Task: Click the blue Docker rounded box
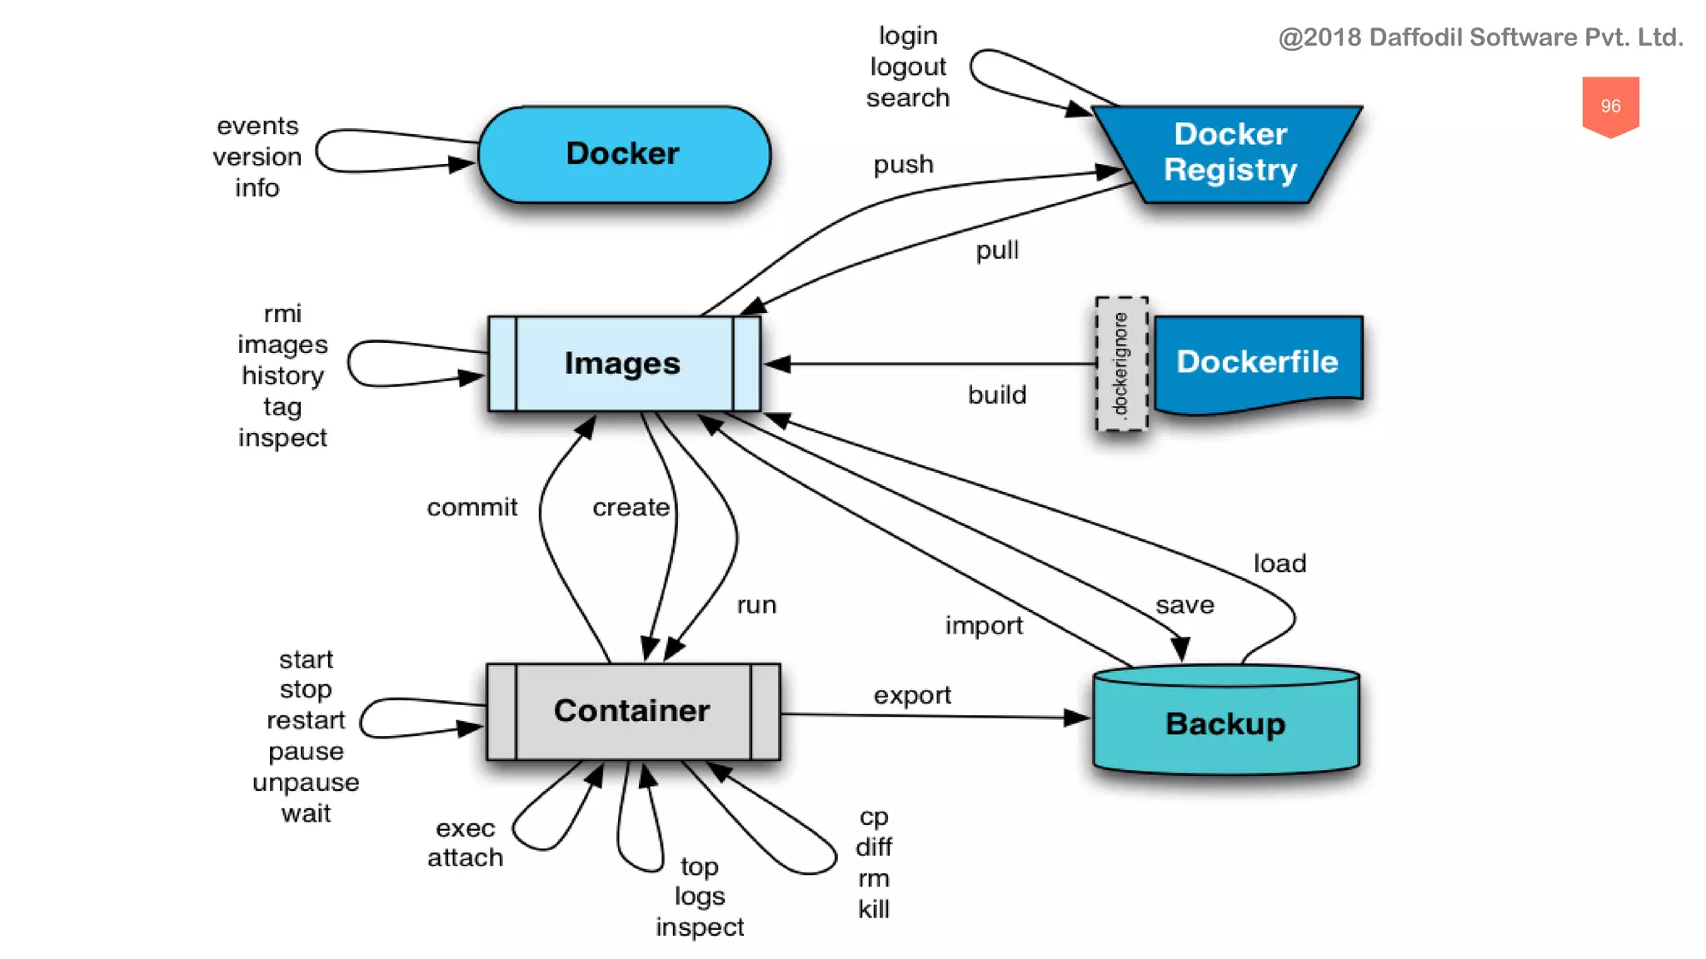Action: point(624,155)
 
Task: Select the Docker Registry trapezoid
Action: point(1230,153)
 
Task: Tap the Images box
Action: point(623,364)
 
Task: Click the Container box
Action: point(632,711)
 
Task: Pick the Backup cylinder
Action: point(1225,723)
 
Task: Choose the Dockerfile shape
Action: point(1257,362)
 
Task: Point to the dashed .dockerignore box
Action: point(1121,364)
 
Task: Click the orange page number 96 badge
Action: point(1610,106)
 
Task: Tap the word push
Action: point(903,165)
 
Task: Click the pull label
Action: point(997,251)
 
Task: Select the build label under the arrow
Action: point(996,395)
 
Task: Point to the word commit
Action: point(472,507)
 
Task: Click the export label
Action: point(912,695)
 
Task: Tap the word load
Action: point(1279,564)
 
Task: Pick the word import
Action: point(984,625)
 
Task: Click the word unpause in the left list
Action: point(306,783)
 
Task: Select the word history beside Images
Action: point(282,375)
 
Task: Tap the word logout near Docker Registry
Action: point(908,67)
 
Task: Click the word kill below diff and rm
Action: point(874,909)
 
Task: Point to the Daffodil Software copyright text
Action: point(1480,37)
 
